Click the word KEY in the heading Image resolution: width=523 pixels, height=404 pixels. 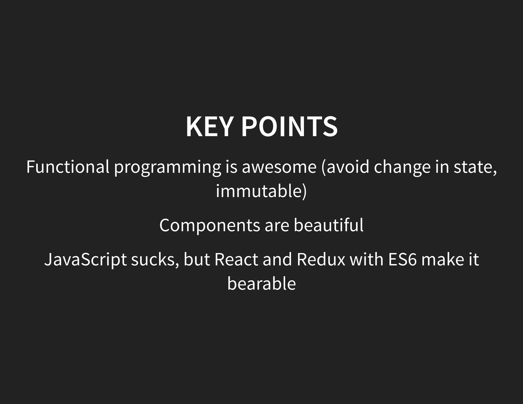point(209,127)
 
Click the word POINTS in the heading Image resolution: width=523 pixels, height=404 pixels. point(289,127)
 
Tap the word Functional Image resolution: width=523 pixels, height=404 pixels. point(68,167)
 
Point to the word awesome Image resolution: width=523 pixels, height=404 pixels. point(279,167)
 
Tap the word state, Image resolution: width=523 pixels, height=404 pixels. point(475,167)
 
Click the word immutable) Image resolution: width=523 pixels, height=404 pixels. point(261,191)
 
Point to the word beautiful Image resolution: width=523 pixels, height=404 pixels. point(328,225)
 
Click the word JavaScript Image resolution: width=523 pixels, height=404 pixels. point(85,260)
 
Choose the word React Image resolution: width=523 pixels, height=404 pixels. point(236,259)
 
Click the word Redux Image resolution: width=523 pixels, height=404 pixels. point(321,259)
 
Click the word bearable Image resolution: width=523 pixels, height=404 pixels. point(261,283)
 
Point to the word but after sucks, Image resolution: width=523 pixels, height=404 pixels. point(197,259)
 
